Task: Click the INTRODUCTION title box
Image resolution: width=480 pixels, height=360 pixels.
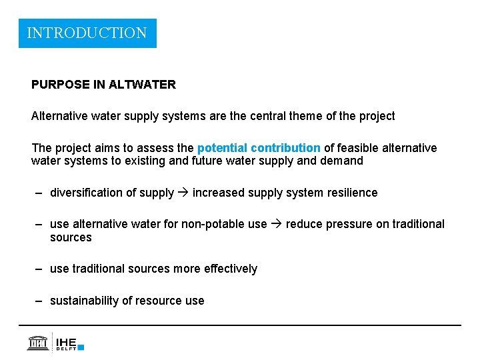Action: (87, 33)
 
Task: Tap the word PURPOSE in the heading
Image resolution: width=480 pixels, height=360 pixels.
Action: (60, 85)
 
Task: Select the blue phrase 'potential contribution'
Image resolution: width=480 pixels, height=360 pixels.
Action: (259, 147)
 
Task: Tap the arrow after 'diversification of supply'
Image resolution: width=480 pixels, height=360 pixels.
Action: (183, 193)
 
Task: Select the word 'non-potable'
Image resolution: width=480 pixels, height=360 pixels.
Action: (215, 224)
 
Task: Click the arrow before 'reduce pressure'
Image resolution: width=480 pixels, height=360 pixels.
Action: (277, 224)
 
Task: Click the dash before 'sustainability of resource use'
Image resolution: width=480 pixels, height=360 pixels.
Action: (40, 301)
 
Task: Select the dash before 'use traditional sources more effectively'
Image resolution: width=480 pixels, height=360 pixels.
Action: (40, 269)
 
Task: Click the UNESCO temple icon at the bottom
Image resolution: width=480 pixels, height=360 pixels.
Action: (38, 342)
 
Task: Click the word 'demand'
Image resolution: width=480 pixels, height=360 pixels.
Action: (342, 161)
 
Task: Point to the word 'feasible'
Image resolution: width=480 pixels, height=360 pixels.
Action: (361, 147)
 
